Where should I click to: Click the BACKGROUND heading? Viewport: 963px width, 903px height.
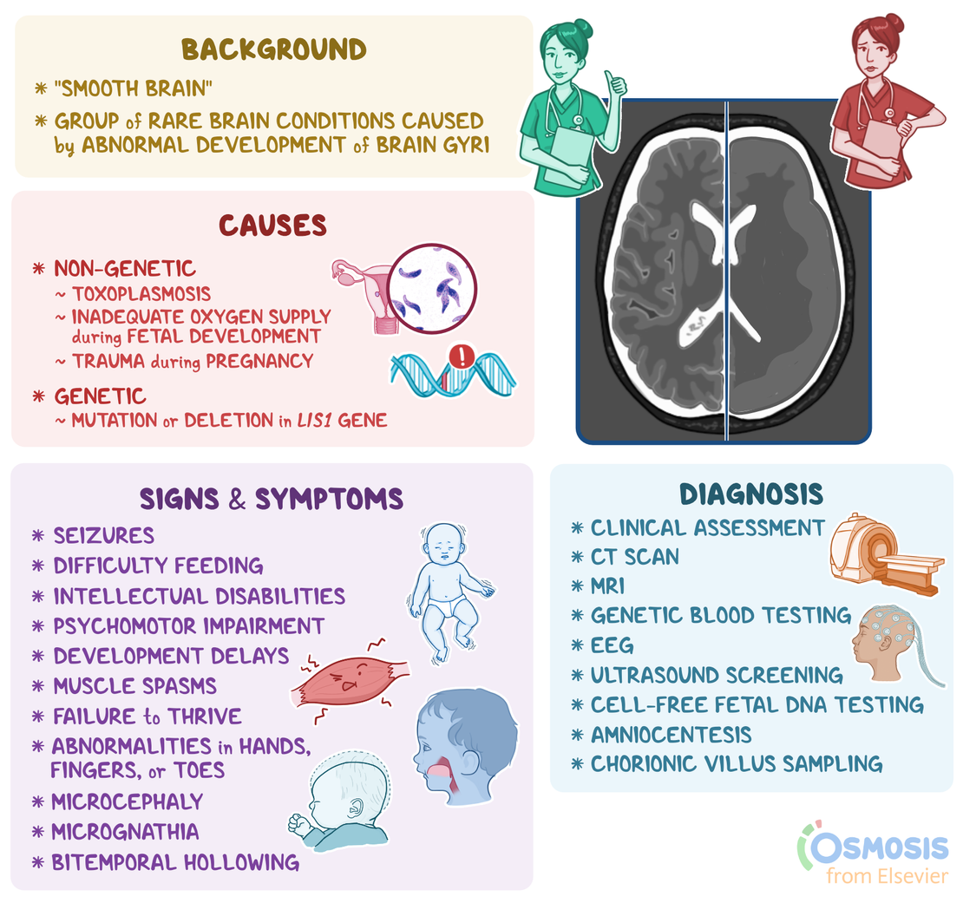[273, 49]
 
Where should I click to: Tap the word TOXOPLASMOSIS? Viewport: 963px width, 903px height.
[141, 294]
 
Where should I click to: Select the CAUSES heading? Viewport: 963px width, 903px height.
[272, 226]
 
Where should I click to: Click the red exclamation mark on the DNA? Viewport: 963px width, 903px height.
[462, 356]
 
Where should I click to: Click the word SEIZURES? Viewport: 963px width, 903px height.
[104, 535]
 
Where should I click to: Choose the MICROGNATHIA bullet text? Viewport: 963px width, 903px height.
[125, 832]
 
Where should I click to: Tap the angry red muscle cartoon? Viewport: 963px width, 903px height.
[350, 680]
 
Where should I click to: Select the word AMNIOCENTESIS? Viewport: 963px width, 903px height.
[671, 735]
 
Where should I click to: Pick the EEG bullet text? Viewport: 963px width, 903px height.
[612, 645]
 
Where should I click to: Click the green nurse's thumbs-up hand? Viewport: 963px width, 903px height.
[614, 85]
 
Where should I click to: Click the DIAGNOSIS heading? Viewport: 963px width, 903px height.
[751, 494]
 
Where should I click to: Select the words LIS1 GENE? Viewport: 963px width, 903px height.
[342, 420]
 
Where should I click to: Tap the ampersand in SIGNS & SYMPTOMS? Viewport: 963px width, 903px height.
[237, 499]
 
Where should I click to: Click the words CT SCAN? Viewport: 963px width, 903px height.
[635, 557]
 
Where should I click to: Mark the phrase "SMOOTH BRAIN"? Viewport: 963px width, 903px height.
[133, 88]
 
